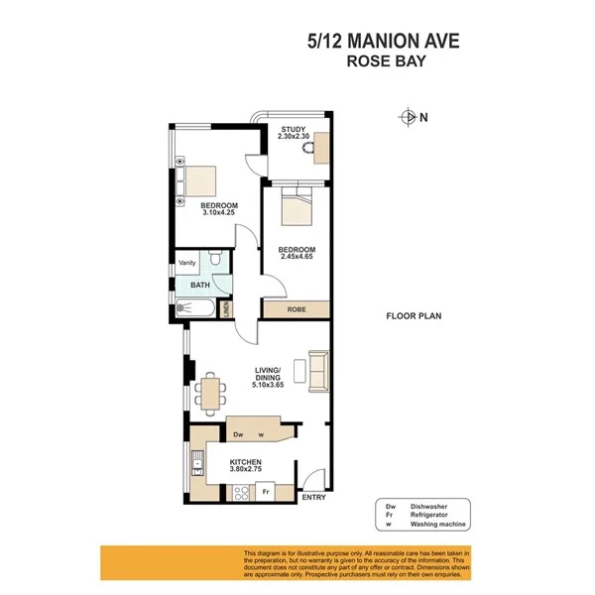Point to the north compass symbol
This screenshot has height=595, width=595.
click(408, 117)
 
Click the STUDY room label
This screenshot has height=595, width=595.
click(293, 129)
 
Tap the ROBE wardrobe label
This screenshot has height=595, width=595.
click(297, 309)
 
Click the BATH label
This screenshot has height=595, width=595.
click(200, 285)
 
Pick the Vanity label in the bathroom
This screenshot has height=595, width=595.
click(187, 263)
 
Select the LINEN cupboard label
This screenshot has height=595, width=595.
click(227, 308)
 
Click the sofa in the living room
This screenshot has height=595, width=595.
click(318, 370)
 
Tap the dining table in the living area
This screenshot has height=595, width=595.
click(210, 388)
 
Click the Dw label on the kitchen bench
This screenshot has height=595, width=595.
click(238, 434)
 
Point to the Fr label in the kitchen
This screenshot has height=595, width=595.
click(266, 490)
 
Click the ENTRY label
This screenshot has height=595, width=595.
click(313, 497)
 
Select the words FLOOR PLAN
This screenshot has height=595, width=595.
click(414, 317)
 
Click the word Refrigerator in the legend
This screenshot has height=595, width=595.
click(433, 514)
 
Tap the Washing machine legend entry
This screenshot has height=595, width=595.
click(439, 524)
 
